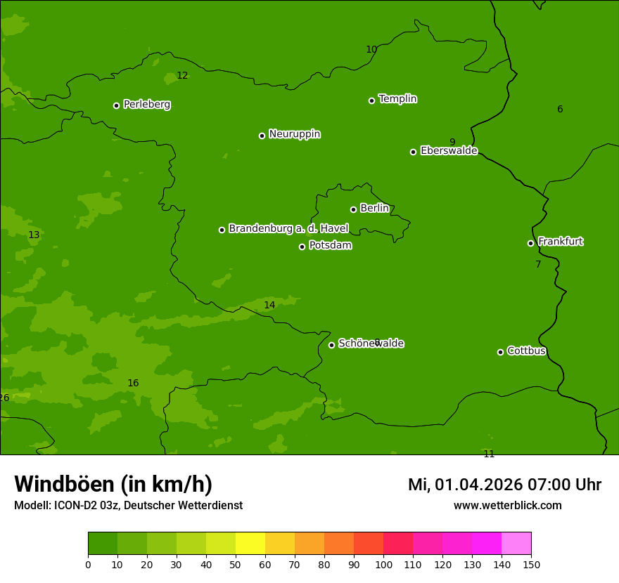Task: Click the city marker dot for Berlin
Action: (x=353, y=209)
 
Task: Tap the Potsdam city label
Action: (x=330, y=245)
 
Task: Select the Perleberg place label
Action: (x=147, y=105)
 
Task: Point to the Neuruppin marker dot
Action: (x=262, y=136)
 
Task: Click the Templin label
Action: (x=397, y=99)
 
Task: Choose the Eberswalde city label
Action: (x=449, y=150)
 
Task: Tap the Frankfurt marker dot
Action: (x=530, y=243)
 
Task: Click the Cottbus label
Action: (x=526, y=351)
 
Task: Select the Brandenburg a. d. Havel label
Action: (x=288, y=228)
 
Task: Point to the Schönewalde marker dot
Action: (x=331, y=345)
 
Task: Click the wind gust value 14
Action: (x=269, y=306)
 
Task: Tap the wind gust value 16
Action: (x=133, y=384)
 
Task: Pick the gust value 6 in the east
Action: (x=560, y=109)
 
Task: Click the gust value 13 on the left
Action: (x=34, y=235)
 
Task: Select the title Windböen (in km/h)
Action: (x=113, y=484)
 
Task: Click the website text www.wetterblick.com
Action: (x=507, y=506)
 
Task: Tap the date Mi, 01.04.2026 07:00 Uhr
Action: (x=504, y=485)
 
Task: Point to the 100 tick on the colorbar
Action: (x=383, y=564)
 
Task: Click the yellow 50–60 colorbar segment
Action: (x=250, y=543)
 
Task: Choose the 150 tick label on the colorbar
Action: (x=531, y=564)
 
